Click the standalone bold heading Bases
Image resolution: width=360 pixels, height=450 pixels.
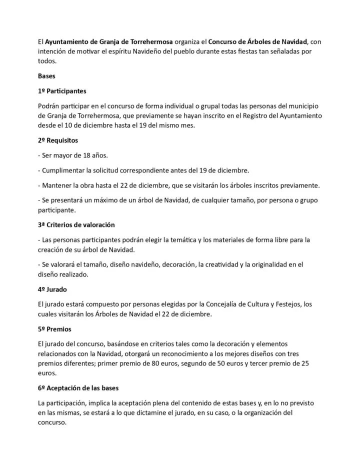click(46, 76)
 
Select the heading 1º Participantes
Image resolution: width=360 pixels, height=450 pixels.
click(62, 91)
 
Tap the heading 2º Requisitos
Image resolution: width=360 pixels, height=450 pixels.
click(57, 140)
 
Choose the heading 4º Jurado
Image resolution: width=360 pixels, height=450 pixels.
click(52, 289)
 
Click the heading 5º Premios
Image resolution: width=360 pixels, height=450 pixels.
click(54, 329)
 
